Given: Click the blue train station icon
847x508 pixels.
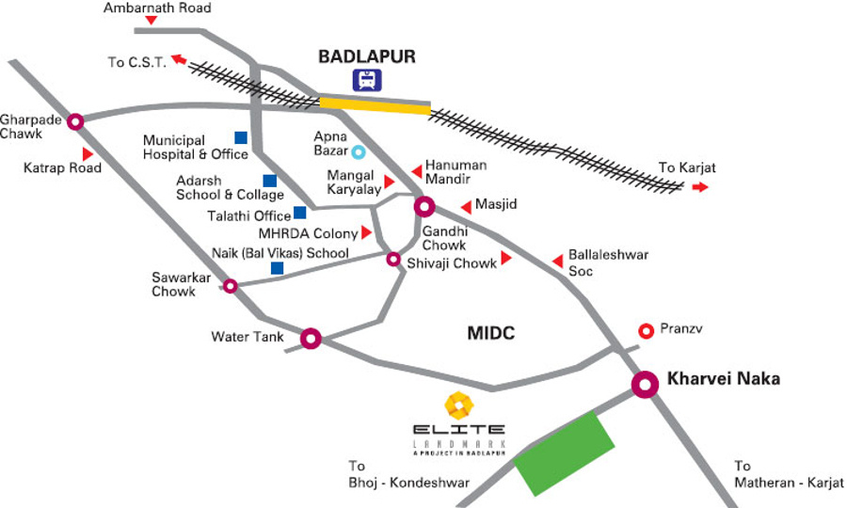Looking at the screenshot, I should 366,80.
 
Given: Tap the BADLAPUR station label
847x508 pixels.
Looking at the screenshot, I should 366,57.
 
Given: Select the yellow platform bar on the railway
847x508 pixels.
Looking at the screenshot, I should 375,105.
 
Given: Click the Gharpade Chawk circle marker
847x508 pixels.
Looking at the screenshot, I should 75,120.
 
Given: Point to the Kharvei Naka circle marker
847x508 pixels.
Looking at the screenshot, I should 645,383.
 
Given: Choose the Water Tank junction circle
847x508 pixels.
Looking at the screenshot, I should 311,338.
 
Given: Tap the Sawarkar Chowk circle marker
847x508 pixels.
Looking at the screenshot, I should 230,285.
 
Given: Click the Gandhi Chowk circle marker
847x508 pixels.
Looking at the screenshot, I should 424,207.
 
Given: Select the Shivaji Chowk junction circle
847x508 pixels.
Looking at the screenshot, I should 394,259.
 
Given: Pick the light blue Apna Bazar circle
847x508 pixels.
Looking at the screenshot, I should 358,151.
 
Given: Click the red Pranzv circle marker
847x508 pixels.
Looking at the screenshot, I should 647,330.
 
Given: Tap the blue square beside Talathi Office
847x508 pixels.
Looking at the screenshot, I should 299,213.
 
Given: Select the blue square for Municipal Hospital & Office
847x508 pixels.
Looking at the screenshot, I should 241,137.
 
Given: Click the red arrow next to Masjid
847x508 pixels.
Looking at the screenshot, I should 465,207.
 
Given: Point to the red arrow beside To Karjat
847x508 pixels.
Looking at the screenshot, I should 699,187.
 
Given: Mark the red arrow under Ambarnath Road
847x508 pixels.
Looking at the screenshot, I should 151,20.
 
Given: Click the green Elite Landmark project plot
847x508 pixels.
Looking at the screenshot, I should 563,452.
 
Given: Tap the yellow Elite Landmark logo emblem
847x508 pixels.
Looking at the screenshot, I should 459,405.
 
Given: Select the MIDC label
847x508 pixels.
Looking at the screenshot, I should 493,333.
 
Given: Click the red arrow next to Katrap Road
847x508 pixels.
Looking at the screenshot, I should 88,153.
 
